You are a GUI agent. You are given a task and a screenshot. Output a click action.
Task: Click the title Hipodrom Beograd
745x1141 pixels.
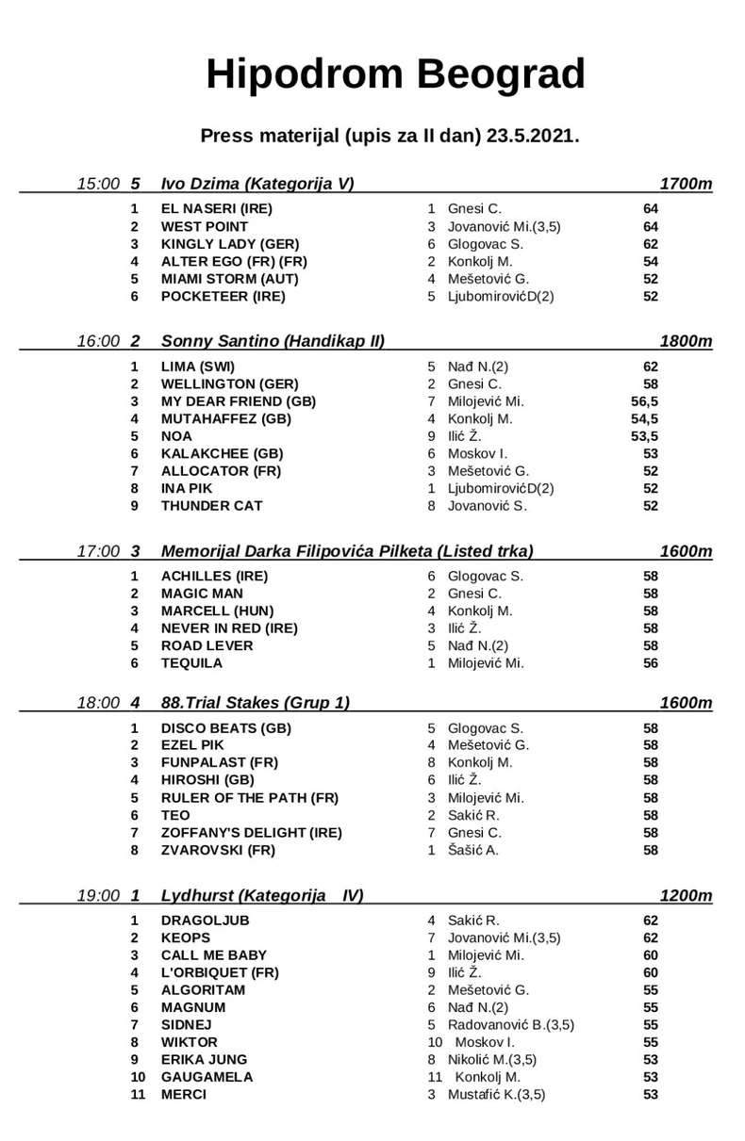coord(395,74)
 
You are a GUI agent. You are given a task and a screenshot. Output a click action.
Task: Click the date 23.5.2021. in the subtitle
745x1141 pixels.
coord(533,136)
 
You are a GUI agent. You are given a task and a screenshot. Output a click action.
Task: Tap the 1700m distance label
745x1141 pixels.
coord(687,184)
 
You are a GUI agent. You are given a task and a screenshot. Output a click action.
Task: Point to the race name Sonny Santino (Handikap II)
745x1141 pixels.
coord(273,341)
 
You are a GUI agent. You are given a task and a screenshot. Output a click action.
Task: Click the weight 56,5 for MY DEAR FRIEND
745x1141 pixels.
coord(644,401)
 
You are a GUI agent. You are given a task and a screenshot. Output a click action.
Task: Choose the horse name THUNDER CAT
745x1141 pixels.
coord(211,506)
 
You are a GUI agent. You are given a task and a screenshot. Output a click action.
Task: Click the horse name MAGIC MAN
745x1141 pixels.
coord(202,594)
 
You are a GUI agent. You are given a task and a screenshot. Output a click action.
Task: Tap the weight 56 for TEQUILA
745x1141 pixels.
coord(650,663)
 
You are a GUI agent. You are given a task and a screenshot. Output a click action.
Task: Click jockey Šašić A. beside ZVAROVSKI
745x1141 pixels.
coord(473,850)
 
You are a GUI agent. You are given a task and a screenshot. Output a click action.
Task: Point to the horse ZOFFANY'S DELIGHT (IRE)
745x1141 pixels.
coord(252,833)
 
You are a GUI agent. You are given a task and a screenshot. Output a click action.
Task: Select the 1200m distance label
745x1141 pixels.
coord(687,896)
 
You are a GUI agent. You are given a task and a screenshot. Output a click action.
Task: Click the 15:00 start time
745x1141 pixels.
coord(99,184)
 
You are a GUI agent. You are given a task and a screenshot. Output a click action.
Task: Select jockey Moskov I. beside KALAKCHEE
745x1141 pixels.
coord(477,453)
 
